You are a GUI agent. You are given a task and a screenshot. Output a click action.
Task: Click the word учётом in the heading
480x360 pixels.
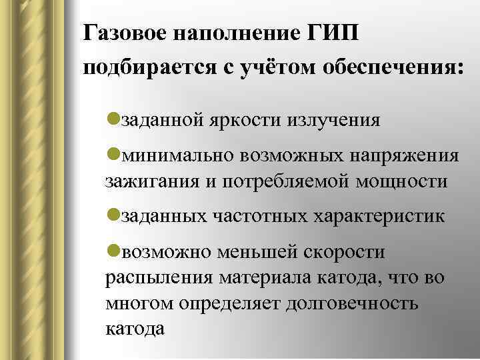[284, 69]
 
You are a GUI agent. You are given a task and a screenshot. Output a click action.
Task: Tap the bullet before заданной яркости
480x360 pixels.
[112, 119]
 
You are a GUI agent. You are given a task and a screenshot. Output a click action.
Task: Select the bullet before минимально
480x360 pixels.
[112, 155]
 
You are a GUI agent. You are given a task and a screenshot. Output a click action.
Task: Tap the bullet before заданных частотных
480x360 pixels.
[112, 215]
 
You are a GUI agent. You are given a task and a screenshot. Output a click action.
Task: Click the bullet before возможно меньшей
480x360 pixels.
[112, 251]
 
